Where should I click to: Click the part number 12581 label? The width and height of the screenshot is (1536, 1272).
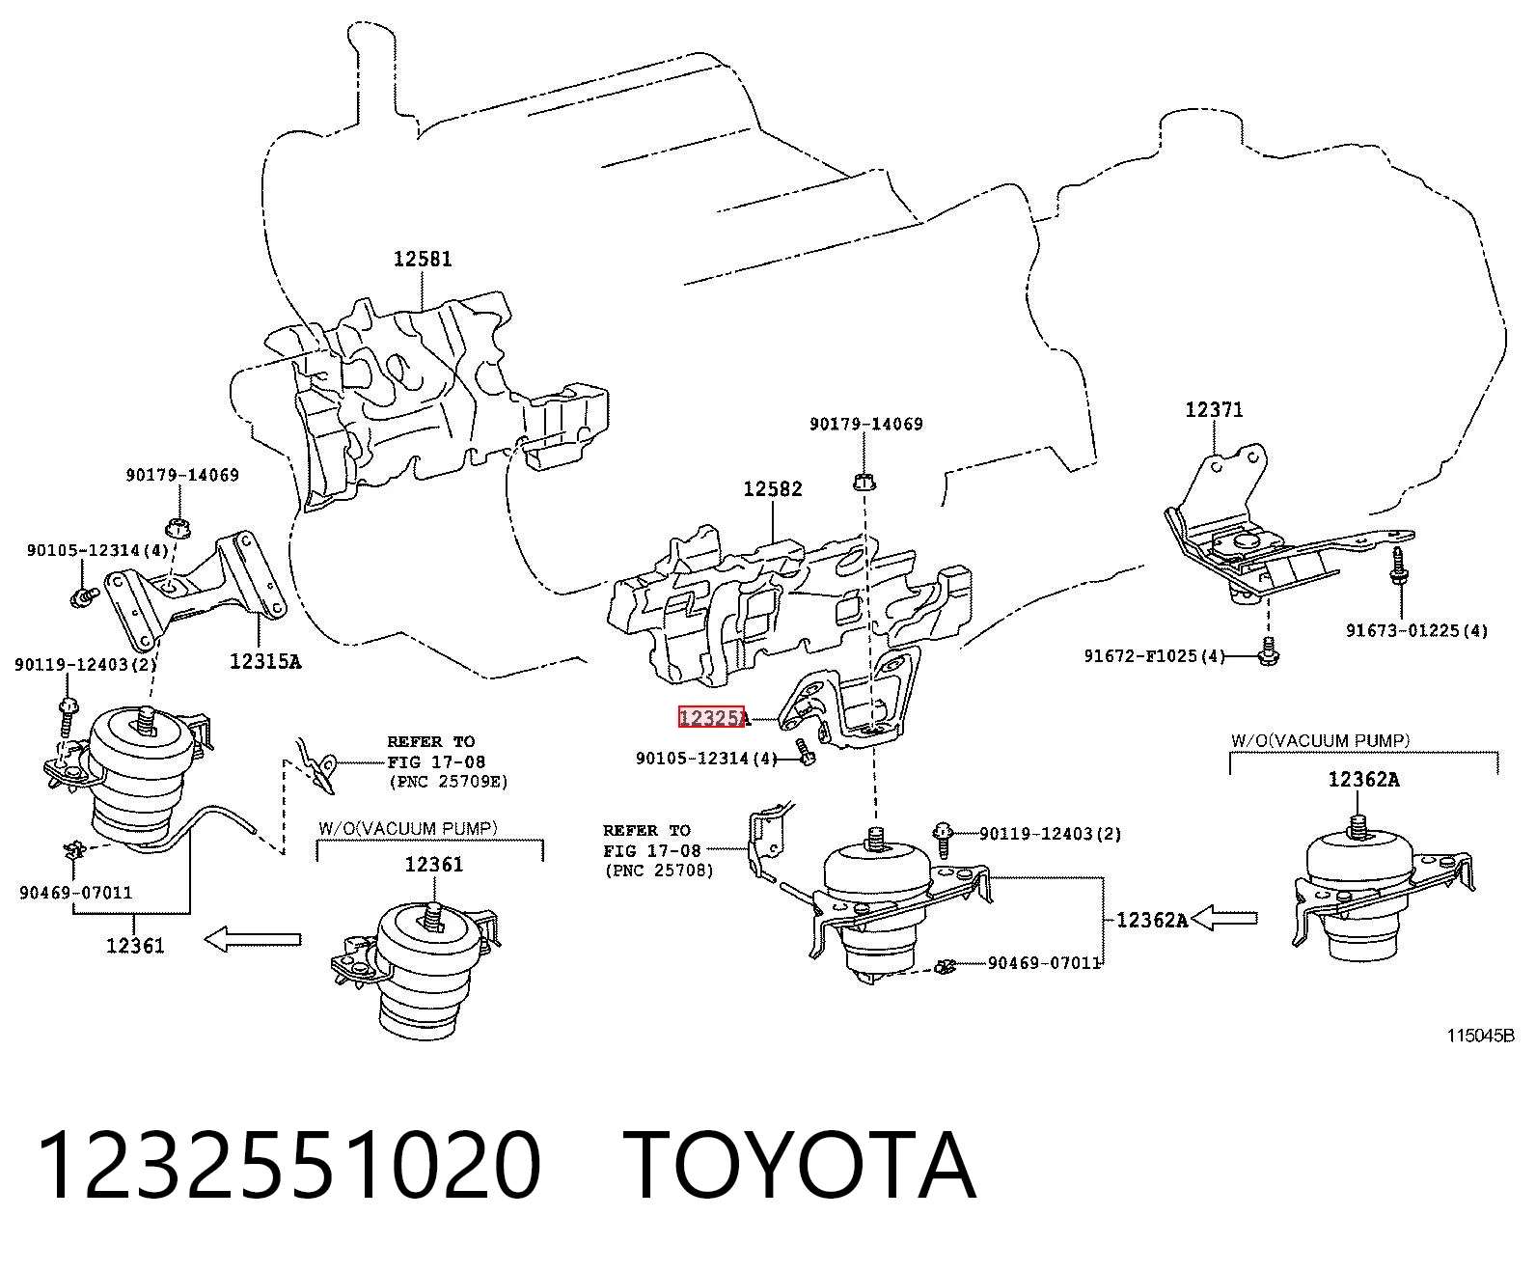423,259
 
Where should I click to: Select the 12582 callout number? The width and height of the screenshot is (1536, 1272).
773,488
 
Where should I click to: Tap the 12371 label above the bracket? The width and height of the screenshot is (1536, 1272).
1214,410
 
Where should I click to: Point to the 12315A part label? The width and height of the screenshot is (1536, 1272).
265,661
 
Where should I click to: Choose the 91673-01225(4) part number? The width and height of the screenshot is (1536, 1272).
1416,631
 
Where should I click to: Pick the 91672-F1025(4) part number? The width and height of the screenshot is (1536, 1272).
1155,655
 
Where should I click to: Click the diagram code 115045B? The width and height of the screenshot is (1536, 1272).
1481,1036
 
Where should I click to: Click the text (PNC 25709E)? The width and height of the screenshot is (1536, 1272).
448,782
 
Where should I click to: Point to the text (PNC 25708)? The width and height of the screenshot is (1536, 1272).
659,871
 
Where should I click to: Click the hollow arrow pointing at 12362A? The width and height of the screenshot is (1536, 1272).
1224,918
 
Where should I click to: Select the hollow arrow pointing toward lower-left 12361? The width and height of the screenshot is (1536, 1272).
253,939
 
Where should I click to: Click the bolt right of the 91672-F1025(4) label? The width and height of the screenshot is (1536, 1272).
1268,651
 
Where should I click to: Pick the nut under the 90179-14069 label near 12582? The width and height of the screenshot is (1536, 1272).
865,483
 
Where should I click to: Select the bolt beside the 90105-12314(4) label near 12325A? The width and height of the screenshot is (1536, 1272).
806,753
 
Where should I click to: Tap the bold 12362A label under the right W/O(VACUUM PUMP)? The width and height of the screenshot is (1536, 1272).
1363,780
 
